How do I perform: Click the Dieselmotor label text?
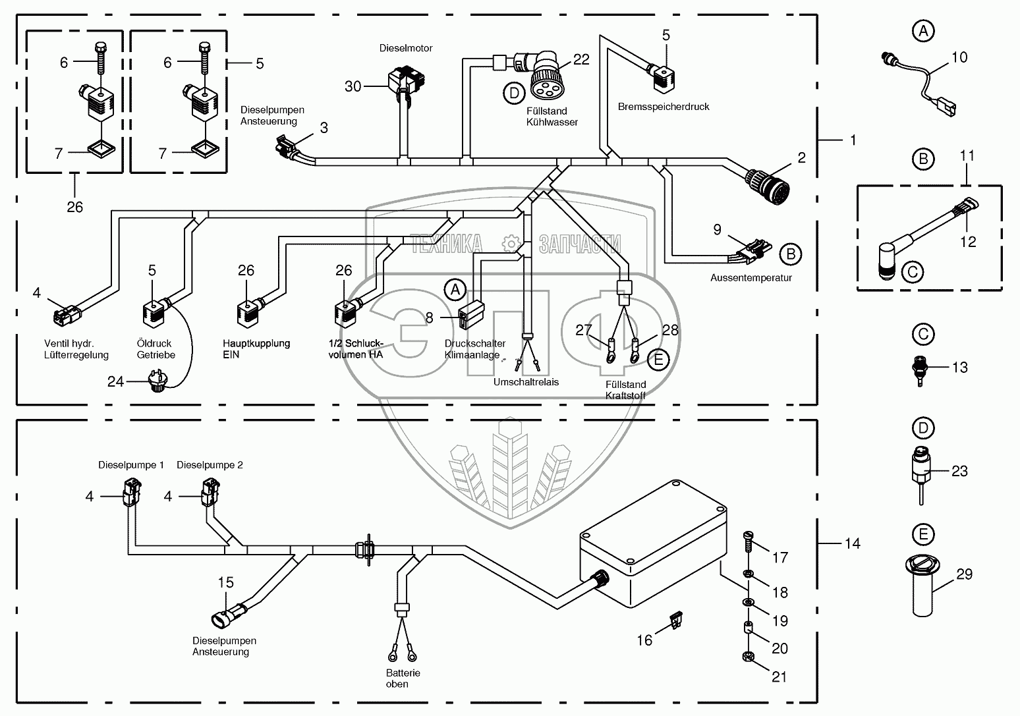(x=406, y=48)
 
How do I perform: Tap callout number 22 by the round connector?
(x=581, y=59)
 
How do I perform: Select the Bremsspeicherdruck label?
(x=664, y=106)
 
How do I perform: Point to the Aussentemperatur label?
(x=751, y=277)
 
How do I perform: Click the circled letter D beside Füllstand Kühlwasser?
(x=514, y=93)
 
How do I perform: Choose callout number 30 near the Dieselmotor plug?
(x=353, y=86)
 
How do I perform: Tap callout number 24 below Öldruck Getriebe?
(x=116, y=381)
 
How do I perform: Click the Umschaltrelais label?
(x=525, y=382)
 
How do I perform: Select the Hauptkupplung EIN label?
(x=256, y=348)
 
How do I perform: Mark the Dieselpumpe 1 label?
(x=131, y=465)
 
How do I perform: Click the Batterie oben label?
(x=403, y=678)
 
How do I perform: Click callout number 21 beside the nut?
(x=780, y=676)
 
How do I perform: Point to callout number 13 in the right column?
(x=959, y=367)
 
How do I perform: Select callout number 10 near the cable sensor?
(x=959, y=57)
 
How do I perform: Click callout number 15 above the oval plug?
(x=226, y=582)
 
